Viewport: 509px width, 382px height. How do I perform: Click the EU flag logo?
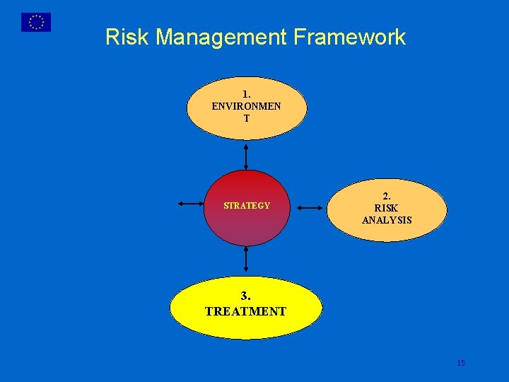pyautogui.click(x=36, y=23)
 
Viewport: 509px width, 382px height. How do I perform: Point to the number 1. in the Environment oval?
pyautogui.click(x=246, y=94)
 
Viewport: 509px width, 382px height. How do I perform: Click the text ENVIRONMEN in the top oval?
pyautogui.click(x=246, y=106)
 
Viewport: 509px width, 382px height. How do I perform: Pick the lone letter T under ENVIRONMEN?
pyautogui.click(x=246, y=118)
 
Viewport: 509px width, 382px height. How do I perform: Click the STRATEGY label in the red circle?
pyautogui.click(x=247, y=206)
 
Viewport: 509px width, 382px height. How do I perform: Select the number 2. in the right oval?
pyautogui.click(x=387, y=196)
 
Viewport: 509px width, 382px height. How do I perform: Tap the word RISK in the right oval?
pyautogui.click(x=387, y=208)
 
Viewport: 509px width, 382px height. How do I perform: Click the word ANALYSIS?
pyautogui.click(x=387, y=220)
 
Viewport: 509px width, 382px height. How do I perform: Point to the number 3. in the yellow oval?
pyautogui.click(x=245, y=296)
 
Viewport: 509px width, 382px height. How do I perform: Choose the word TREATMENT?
pyautogui.click(x=245, y=311)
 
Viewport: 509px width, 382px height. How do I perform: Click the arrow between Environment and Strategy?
pyautogui.click(x=246, y=156)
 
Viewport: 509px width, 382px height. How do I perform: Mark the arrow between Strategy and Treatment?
pyautogui.click(x=246, y=260)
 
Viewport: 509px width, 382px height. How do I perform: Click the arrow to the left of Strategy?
pyautogui.click(x=191, y=204)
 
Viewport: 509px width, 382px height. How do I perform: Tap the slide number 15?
pyautogui.click(x=461, y=363)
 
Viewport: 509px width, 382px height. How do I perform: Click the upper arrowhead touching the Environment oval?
pyautogui.click(x=246, y=145)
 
